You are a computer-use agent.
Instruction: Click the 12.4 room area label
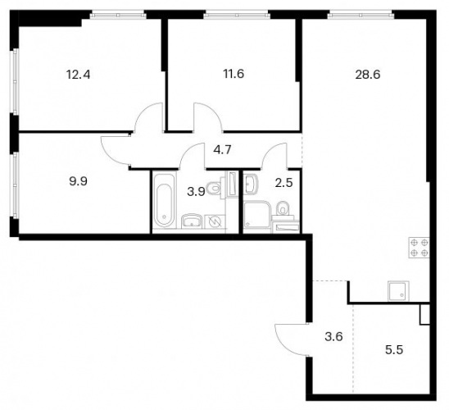point(78,75)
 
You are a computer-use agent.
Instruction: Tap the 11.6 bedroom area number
point(234,74)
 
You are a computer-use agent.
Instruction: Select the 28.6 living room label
point(368,75)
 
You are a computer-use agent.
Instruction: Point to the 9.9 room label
point(78,181)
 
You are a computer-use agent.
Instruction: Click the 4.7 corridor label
point(223,150)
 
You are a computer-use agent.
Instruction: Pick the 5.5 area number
point(394,350)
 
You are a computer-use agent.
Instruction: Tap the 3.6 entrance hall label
point(334,337)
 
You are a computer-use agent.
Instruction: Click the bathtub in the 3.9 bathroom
point(164,200)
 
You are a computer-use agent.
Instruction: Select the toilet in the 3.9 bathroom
point(215,189)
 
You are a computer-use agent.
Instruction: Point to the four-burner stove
point(419,248)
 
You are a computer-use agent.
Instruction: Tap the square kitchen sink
point(398,291)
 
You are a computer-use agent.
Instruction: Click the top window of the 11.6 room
point(237,14)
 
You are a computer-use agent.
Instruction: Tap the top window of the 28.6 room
point(361,14)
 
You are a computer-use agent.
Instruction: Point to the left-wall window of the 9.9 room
point(14,184)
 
